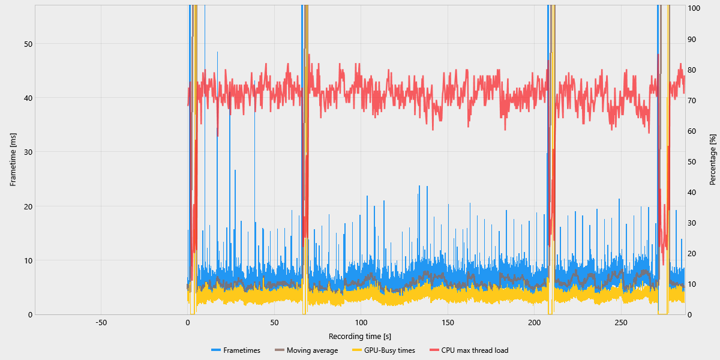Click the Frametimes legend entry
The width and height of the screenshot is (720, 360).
(x=242, y=350)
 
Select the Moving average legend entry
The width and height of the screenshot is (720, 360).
(x=312, y=350)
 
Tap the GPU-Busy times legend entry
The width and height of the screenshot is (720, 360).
(x=389, y=350)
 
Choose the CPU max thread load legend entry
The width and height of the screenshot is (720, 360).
(x=475, y=350)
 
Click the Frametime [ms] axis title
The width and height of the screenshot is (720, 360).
(x=13, y=160)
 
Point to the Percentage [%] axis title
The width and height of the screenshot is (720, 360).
(x=713, y=160)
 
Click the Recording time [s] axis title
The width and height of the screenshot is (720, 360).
(x=360, y=336)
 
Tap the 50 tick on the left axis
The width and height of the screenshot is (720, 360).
(x=28, y=44)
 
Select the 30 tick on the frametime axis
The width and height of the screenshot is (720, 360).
(x=28, y=152)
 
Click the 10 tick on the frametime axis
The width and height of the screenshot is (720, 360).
(x=28, y=260)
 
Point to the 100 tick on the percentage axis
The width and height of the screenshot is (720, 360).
(x=694, y=8)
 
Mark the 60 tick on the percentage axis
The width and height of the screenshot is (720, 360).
(x=692, y=131)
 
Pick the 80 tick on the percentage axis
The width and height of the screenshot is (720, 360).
(x=692, y=70)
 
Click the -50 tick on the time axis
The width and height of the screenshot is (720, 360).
(x=101, y=323)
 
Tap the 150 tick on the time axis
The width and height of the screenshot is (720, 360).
(x=448, y=323)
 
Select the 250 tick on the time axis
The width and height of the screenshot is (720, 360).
(x=621, y=323)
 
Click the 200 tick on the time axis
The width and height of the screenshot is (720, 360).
(x=535, y=323)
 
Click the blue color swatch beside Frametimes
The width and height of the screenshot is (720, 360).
(x=216, y=350)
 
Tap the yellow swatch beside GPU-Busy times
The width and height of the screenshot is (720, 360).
(x=356, y=350)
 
